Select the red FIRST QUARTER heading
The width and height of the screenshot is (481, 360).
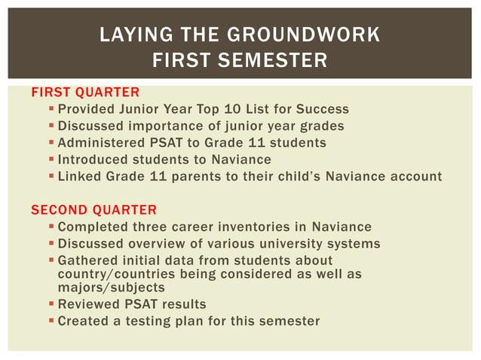coord(84,93)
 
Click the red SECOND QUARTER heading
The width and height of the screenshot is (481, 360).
coord(93,209)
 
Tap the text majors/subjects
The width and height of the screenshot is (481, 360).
coord(111,287)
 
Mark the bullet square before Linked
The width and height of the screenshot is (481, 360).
coord(51,177)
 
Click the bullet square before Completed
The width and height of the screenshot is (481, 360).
coord(51,227)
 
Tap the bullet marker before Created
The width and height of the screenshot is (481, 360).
coord(51,321)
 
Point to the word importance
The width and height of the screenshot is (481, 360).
coord(167,126)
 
